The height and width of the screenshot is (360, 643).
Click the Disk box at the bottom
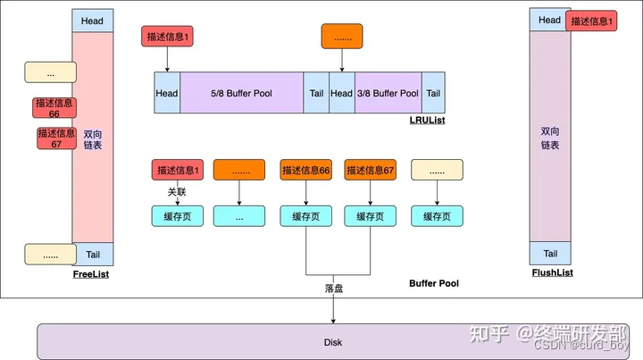[x=332, y=341]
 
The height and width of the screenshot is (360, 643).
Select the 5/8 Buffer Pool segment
[x=241, y=93]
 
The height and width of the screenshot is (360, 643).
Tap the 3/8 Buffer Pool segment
[x=387, y=93]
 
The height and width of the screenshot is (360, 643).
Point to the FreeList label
[x=91, y=274]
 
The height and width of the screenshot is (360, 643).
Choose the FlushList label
[x=550, y=272]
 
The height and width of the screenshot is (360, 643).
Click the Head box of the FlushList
[x=550, y=20]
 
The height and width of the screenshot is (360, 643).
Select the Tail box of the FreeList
[x=93, y=253]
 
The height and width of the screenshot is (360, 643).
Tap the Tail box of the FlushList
[x=550, y=253]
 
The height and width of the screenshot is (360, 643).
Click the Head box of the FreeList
[x=92, y=21]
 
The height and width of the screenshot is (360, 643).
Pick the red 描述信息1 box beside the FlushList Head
[x=592, y=21]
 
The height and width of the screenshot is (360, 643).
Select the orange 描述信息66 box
[x=305, y=170]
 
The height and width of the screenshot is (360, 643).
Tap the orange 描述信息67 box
[x=370, y=170]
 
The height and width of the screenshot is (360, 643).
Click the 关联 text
[x=177, y=191]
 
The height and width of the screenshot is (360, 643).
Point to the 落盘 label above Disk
[x=333, y=289]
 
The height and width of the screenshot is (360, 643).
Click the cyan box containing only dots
[x=240, y=216]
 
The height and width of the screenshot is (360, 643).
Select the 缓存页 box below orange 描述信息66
[x=305, y=216]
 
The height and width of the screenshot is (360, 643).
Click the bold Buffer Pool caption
[x=434, y=283]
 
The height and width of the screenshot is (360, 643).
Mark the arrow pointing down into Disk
[x=333, y=311]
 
